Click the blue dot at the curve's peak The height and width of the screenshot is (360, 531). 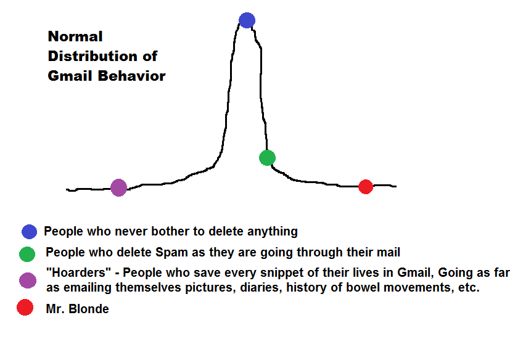(x=247, y=20)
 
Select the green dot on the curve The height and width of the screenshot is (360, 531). (x=267, y=158)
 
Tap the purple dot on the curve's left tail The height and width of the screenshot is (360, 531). (x=118, y=187)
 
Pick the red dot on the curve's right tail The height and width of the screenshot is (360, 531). (x=366, y=186)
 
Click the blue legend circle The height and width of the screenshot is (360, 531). (x=29, y=232)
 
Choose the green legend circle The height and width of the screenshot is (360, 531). (x=27, y=254)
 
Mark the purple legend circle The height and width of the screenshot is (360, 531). (x=27, y=280)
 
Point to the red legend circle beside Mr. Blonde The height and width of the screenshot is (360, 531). (x=25, y=308)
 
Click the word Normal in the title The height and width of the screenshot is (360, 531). (x=75, y=36)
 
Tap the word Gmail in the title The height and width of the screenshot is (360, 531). (x=68, y=76)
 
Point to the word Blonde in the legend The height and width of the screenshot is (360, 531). (x=89, y=309)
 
